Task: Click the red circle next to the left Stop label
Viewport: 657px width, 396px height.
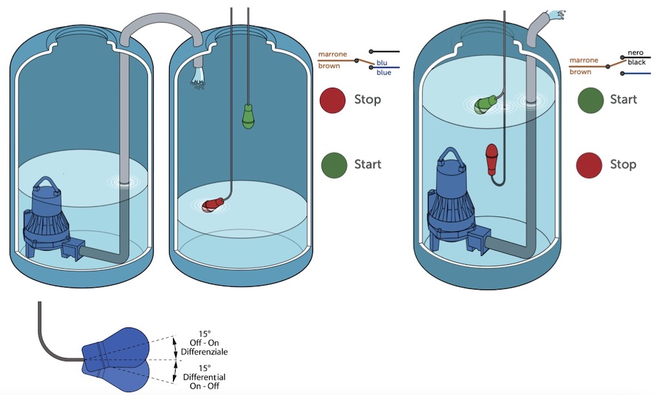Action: [x=332, y=100]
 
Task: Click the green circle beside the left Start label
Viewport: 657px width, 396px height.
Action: [x=332, y=165]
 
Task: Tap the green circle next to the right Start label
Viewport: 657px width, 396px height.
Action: [x=589, y=100]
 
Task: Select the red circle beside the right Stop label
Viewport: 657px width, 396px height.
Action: [x=589, y=165]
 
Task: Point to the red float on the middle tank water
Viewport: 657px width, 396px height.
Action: [x=212, y=205]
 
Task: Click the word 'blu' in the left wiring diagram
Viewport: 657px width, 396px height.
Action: [x=383, y=63]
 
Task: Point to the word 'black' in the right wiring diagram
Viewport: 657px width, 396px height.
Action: [x=636, y=63]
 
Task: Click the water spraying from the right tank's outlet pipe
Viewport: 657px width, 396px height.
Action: [x=555, y=14]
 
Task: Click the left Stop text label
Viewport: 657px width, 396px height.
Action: [x=367, y=100]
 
